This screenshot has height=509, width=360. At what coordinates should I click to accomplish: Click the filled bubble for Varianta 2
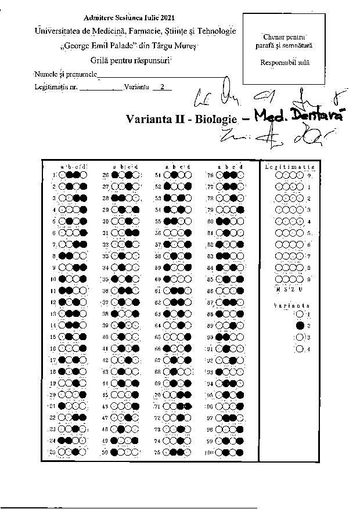click(x=300, y=326)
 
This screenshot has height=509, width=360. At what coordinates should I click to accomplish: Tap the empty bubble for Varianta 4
click(x=300, y=349)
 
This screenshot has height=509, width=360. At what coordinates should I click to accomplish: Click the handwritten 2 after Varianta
click(x=163, y=87)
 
